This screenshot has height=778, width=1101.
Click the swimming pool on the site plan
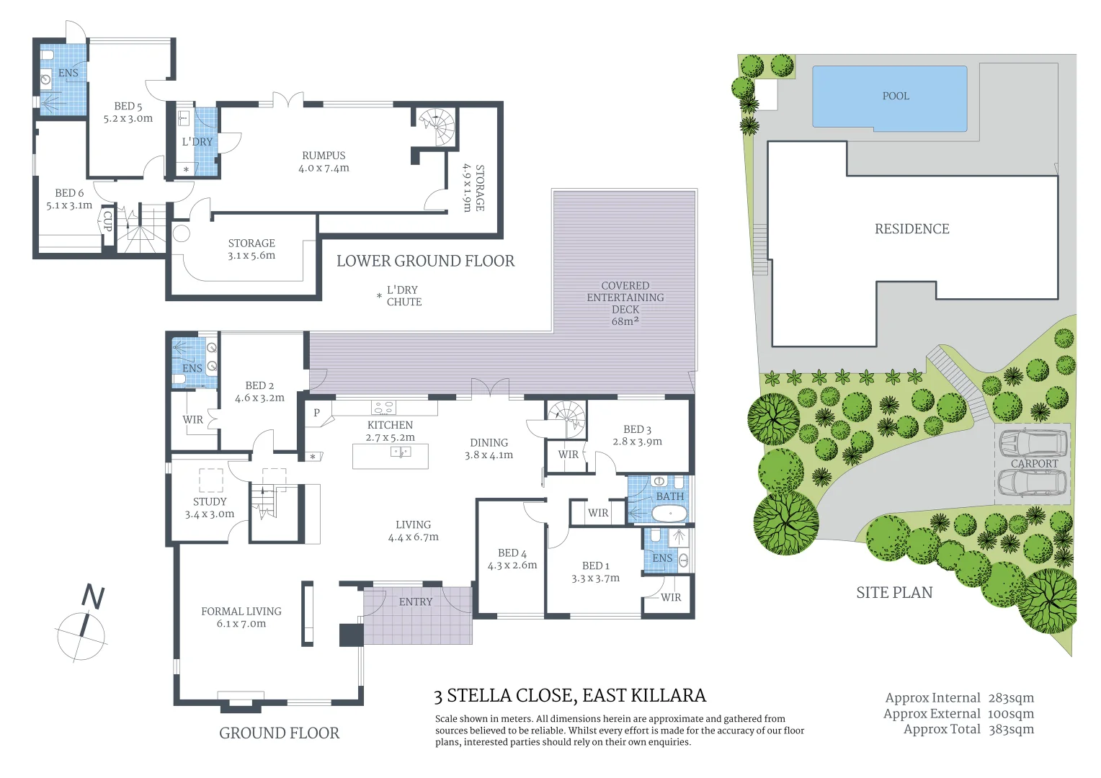(x=890, y=99)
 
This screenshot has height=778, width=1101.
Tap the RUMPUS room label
(x=324, y=156)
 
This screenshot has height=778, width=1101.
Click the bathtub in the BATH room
(x=669, y=514)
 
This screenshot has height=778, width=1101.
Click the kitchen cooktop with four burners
(x=383, y=408)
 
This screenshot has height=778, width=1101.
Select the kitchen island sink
(x=400, y=452)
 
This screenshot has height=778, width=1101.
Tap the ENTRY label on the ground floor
(x=416, y=602)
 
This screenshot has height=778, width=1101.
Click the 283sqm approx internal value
(x=1010, y=698)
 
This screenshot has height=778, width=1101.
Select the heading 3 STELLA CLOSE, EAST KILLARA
(x=570, y=695)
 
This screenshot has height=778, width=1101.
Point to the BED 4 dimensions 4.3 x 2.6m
(x=512, y=565)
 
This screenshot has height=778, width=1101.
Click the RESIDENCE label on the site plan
(x=911, y=229)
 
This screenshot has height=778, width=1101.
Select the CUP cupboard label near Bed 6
(x=107, y=220)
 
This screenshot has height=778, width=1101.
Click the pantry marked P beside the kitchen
(x=316, y=413)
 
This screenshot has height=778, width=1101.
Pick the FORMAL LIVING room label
(x=241, y=612)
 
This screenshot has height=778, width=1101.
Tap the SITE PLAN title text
(x=894, y=593)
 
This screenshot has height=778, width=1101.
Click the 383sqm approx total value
(x=1010, y=729)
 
